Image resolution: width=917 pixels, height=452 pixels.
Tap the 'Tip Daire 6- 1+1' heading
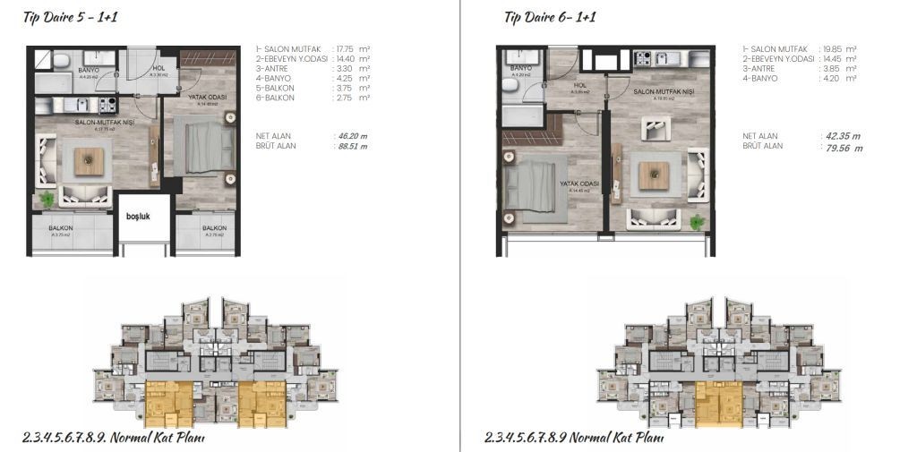pos(550,17)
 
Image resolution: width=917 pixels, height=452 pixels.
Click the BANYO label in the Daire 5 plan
pos(88,69)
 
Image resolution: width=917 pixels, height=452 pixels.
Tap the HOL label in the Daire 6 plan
pos(579,86)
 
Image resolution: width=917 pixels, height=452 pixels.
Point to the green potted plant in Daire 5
pos(47,199)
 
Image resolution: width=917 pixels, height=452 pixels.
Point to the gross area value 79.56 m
pos(839,148)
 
